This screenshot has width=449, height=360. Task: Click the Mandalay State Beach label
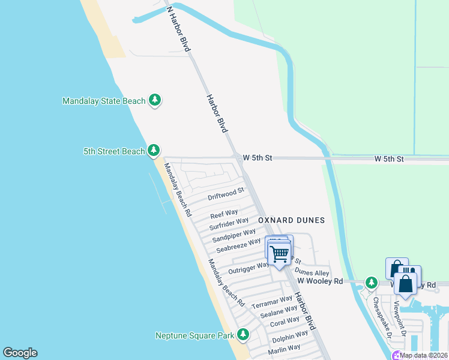tap(104, 101)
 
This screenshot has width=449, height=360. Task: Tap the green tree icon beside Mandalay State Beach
tap(155, 100)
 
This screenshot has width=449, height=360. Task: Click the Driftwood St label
tap(226, 194)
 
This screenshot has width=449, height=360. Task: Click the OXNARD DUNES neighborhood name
tap(291, 220)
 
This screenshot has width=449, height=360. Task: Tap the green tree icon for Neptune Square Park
tap(243, 335)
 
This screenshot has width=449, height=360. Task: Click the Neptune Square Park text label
tap(194, 335)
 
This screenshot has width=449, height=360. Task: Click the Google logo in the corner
tap(20, 353)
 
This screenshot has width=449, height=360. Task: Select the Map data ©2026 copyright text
tap(423, 355)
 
